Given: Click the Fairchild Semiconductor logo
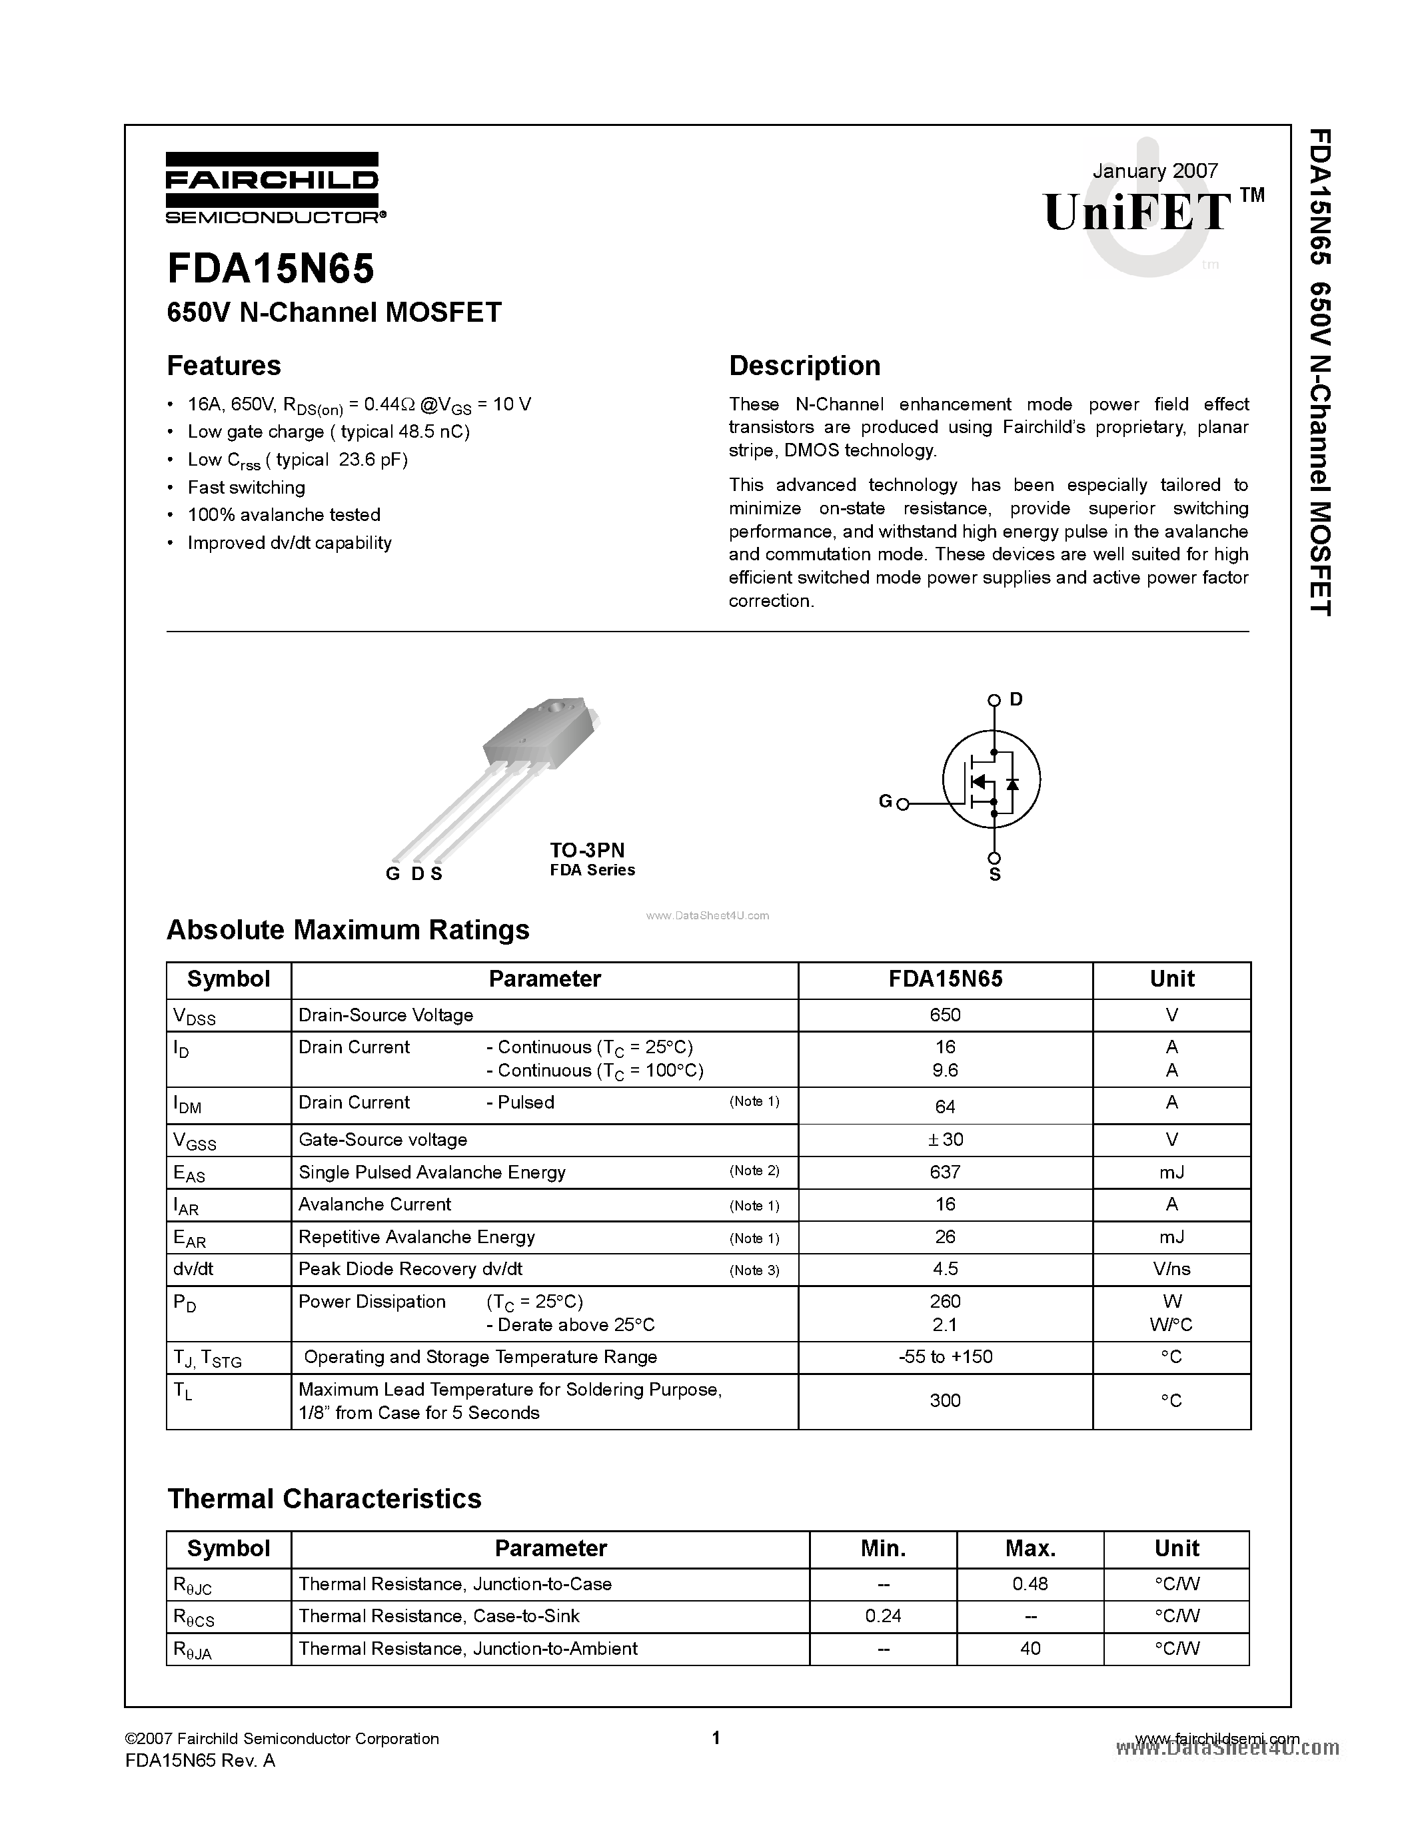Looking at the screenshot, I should tap(273, 189).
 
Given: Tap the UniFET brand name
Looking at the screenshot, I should tap(1138, 211).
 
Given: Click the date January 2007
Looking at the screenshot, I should tap(1154, 171).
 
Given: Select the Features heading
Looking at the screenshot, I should tap(224, 366).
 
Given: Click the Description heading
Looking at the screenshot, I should tap(804, 366).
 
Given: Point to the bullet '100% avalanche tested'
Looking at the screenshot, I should tap(284, 515).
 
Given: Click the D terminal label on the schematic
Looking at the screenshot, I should tap(1016, 699).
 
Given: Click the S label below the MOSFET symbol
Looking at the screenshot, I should tap(995, 875).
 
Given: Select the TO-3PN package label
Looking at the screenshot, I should tap(587, 850).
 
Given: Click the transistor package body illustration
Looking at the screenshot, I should tap(537, 734).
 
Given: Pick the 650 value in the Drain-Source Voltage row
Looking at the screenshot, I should tap(945, 1015).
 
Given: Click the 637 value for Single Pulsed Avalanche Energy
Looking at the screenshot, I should tap(945, 1172).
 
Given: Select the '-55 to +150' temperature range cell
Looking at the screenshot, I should tap(945, 1356).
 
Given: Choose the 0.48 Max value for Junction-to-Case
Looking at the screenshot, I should tap(1030, 1584).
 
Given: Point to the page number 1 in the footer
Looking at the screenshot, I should tap(716, 1738).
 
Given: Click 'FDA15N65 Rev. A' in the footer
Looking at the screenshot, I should tap(200, 1761).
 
